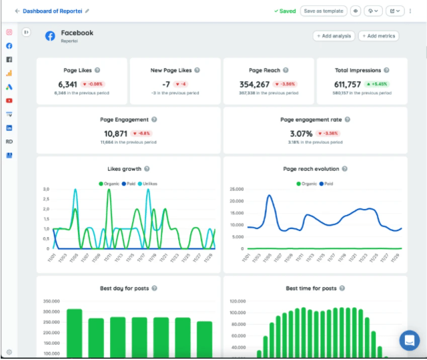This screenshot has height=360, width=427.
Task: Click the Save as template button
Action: tap(324, 11)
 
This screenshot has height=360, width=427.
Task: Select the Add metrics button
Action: tap(378, 36)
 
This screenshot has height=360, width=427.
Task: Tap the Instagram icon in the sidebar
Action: tap(9, 33)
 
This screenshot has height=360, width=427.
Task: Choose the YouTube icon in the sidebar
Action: tap(9, 100)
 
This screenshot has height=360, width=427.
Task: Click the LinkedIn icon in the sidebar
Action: tap(9, 128)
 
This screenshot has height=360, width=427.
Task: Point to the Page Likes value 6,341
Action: tap(68, 84)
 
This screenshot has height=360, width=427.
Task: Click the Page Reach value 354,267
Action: tap(254, 84)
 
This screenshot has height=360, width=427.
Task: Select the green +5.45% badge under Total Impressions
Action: tap(378, 85)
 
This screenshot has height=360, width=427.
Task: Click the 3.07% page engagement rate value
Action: tap(301, 134)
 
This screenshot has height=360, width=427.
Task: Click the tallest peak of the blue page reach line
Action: tap(270, 196)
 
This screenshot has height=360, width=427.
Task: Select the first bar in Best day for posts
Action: tap(74, 334)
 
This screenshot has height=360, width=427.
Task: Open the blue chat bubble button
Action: tap(408, 340)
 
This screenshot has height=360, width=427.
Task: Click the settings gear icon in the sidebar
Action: tap(9, 352)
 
